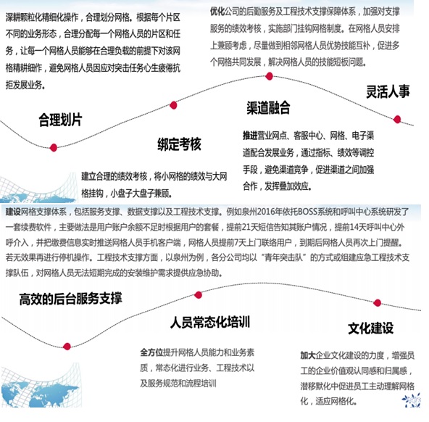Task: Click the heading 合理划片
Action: point(60,120)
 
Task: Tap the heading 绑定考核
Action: point(179,144)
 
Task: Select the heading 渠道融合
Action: point(268,107)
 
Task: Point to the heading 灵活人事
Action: point(388,91)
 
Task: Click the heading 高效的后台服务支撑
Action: point(70,299)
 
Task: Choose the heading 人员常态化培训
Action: point(210,322)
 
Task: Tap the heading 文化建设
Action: point(371,328)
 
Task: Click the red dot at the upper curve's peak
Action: point(270,76)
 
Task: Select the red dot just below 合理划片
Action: point(54,148)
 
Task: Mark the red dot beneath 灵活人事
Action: point(397,120)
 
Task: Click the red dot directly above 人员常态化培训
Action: point(199,295)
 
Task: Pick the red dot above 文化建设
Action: point(378,302)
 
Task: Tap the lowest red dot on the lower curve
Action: point(67,347)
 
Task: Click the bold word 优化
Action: point(217,12)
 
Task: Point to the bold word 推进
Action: point(250,136)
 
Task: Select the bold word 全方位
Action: point(151,352)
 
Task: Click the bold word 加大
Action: point(308,355)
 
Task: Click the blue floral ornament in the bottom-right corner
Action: point(412,400)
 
